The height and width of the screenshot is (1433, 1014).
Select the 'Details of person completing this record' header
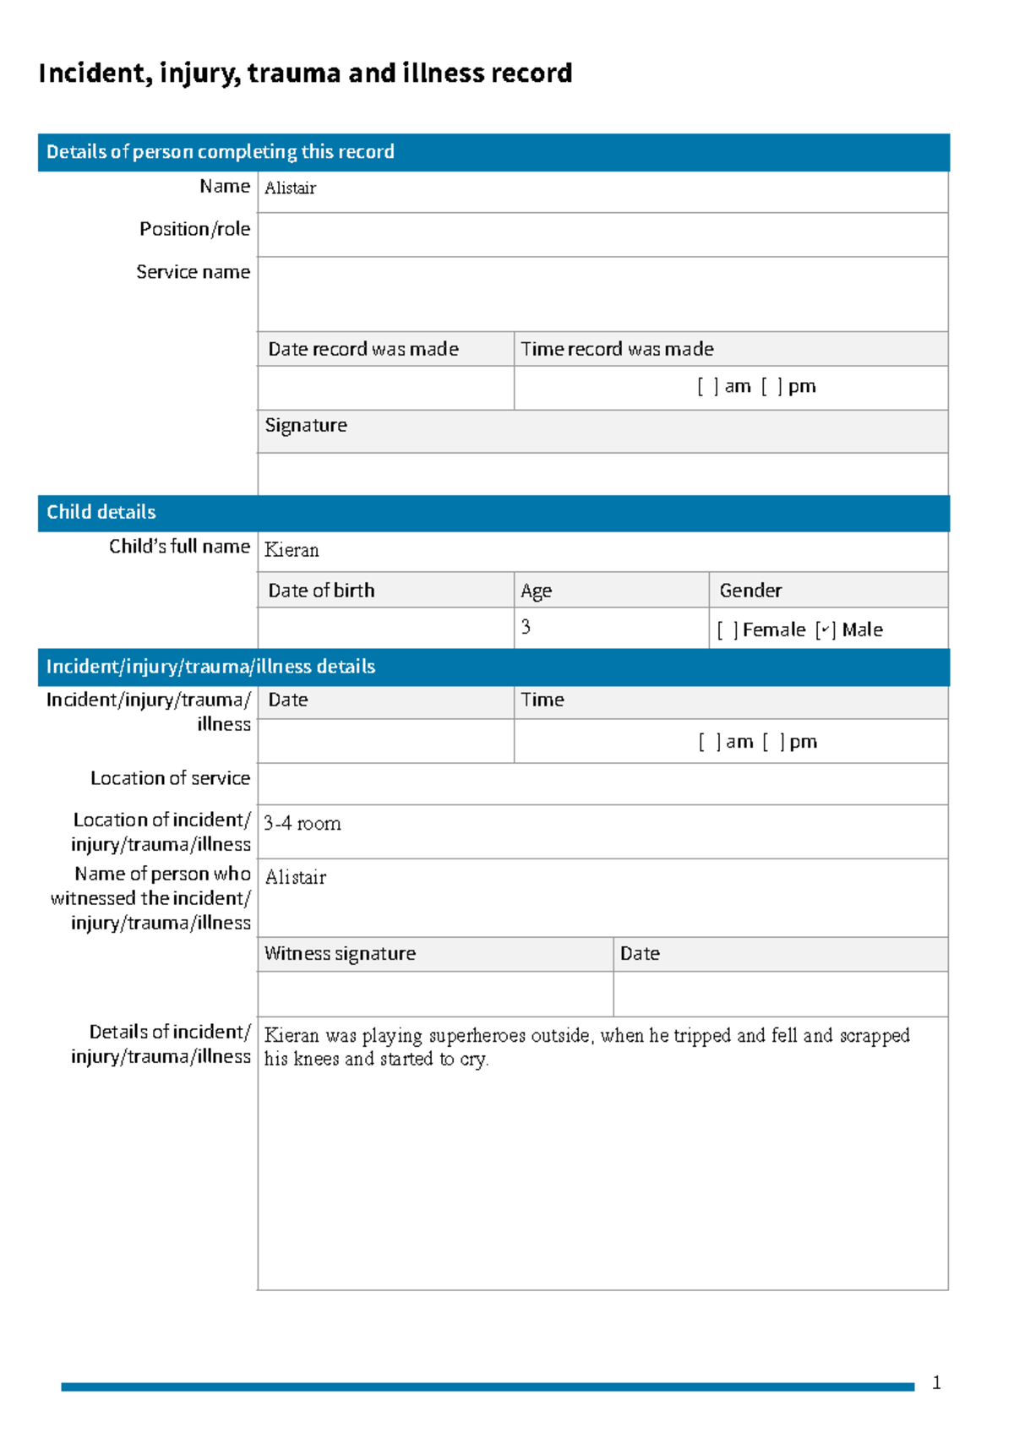220,152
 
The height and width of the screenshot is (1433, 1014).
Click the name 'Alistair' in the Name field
290,188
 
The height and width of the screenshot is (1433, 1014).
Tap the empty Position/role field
602,234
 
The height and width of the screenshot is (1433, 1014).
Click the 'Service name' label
193,272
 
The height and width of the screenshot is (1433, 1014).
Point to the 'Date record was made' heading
363,349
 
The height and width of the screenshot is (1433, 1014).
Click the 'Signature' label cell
306,426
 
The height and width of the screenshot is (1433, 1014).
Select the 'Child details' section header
101,512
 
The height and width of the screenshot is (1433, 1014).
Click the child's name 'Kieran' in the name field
292,550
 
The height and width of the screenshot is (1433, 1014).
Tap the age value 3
526,627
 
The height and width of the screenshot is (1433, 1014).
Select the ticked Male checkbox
826,630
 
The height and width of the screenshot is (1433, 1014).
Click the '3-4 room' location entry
303,824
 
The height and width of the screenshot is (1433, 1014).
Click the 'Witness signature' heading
340,954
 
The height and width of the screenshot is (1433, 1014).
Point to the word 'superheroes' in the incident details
477,1036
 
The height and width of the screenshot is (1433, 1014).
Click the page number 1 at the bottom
936,1383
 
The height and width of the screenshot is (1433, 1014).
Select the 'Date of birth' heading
321,591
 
